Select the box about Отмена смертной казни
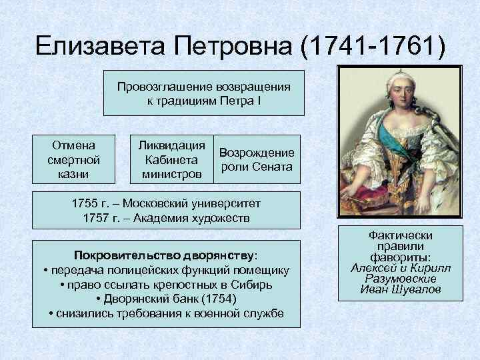pos(73,159)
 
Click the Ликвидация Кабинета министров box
pos(171,159)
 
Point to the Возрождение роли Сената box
pos(257,159)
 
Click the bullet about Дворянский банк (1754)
pos(166,299)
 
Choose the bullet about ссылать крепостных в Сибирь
pos(166,285)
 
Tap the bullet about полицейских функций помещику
pos(166,270)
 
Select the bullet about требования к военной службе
pos(166,314)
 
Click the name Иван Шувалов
pos(400,289)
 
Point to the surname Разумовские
pos(400,279)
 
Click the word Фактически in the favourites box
pos(400,235)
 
